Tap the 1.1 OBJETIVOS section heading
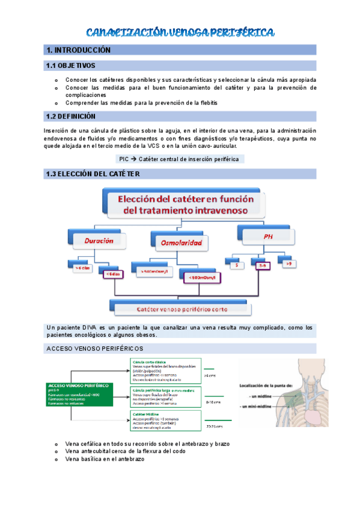70,65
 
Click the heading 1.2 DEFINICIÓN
70,116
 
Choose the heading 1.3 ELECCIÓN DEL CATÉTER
93,174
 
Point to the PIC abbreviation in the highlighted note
124,159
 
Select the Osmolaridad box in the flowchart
181,243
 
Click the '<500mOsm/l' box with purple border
200,278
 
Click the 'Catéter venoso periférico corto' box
180,309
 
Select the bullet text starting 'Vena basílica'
105,459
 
